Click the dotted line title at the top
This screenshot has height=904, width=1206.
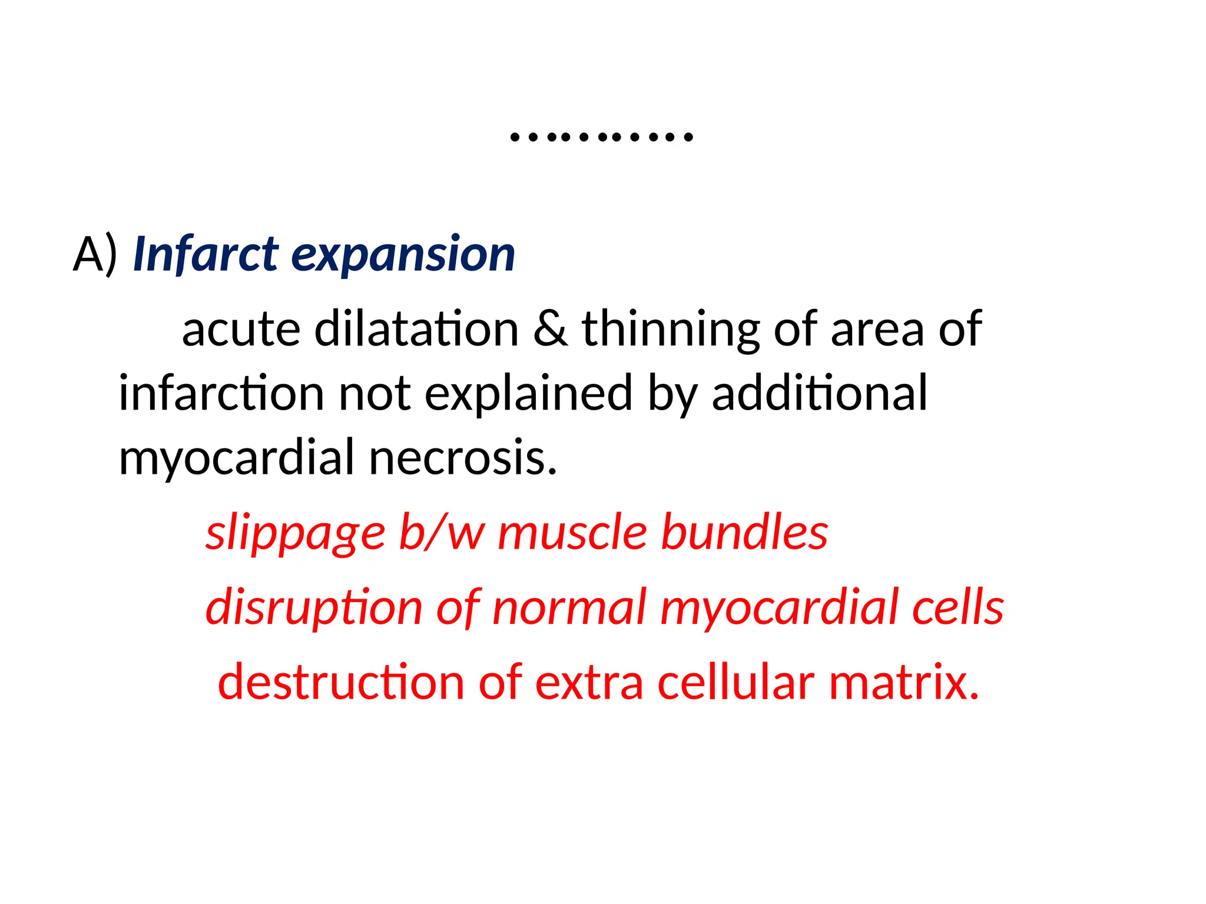[601, 137]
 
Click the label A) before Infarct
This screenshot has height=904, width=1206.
[95, 254]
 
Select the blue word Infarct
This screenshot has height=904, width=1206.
[206, 254]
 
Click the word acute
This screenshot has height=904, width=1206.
[241, 330]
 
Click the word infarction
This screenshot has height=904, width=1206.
[221, 393]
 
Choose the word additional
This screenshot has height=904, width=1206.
[819, 393]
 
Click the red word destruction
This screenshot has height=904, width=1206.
[341, 683]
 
